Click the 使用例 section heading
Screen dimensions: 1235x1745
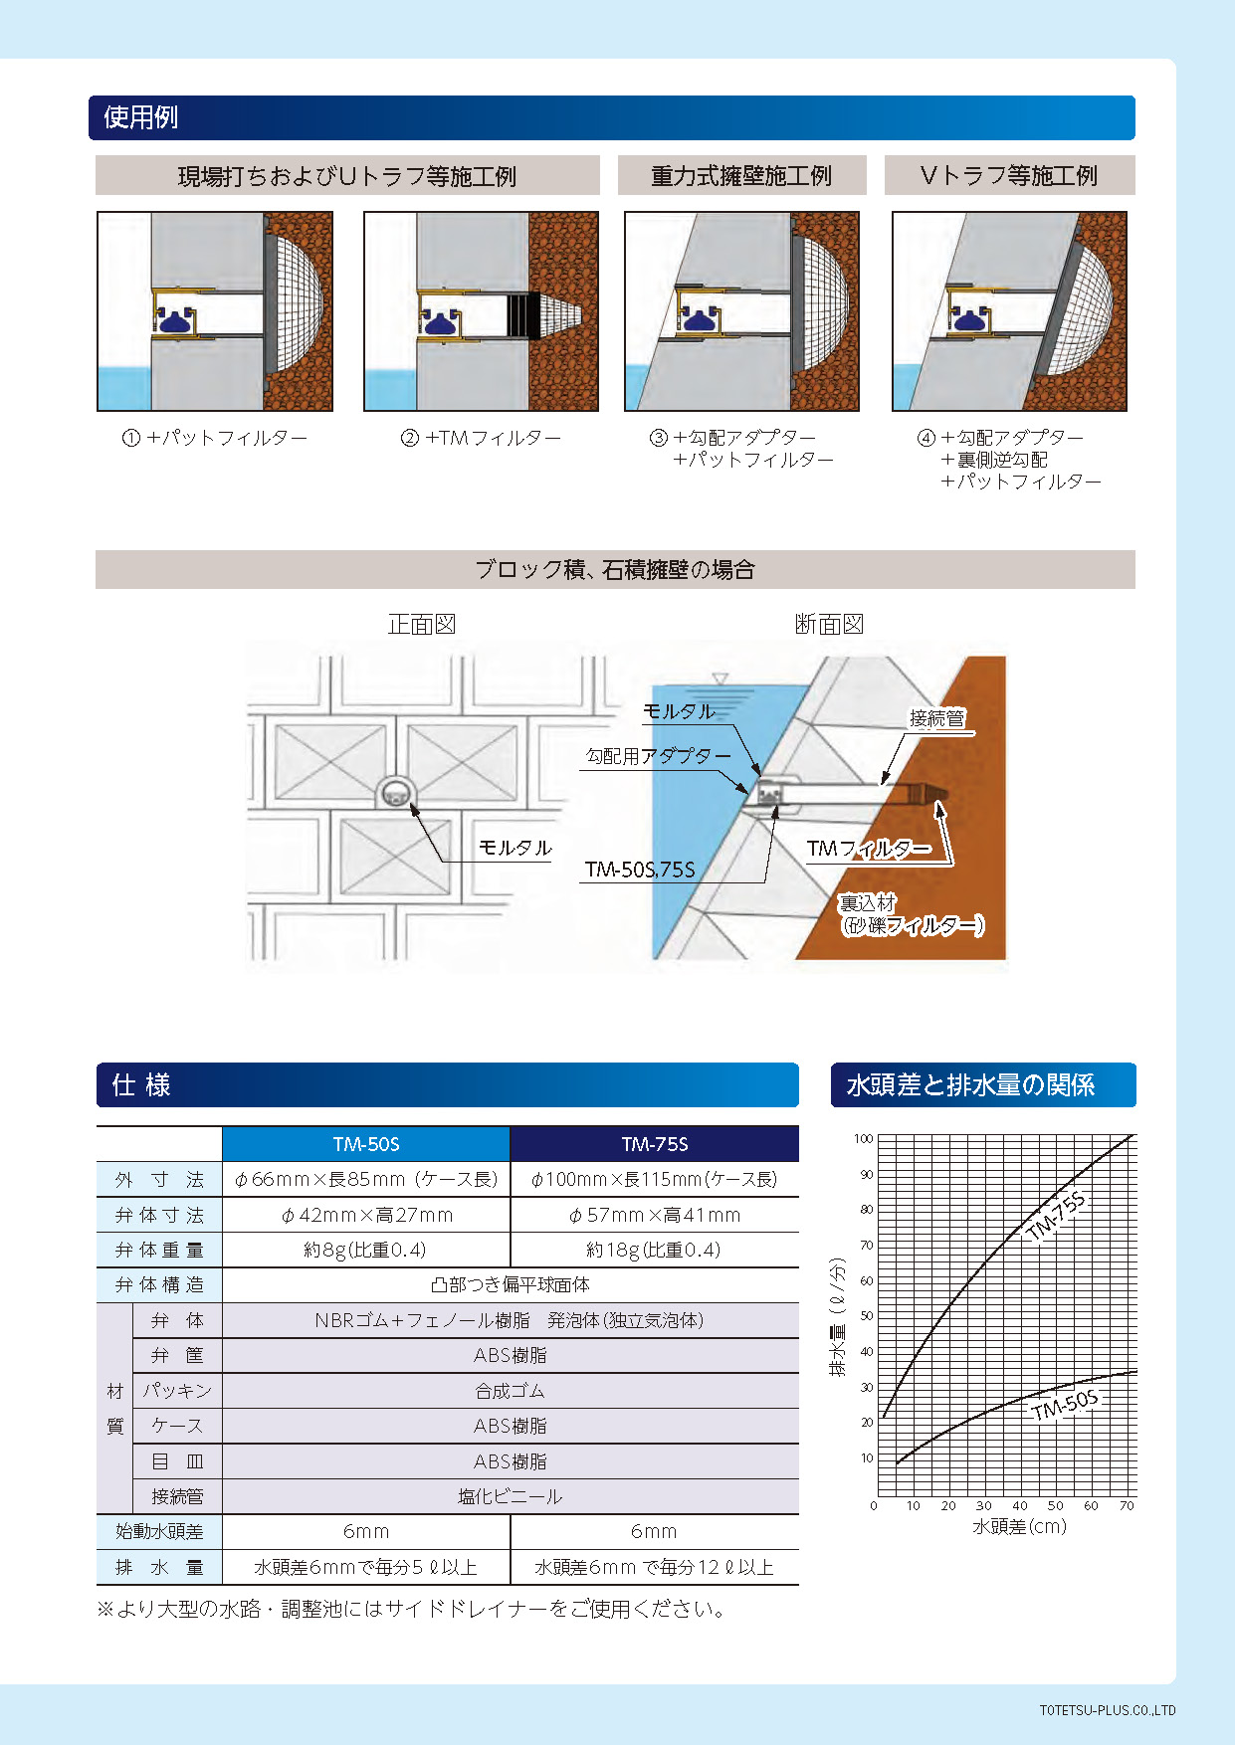[x=140, y=117]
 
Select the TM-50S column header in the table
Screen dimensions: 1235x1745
[x=366, y=1144]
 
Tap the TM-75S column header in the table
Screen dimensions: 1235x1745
[x=655, y=1144]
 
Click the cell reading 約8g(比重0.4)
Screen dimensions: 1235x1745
[x=365, y=1250]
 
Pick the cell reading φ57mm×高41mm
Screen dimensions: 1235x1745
[x=655, y=1215]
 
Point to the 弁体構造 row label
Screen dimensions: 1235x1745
[x=159, y=1284]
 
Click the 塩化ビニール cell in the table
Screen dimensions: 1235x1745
[x=511, y=1496]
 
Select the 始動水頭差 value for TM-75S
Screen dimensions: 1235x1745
[x=654, y=1531]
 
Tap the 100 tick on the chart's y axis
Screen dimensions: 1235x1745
[x=863, y=1138]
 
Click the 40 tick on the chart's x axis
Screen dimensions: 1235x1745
[x=1020, y=1505]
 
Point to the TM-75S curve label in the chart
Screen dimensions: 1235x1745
[x=1056, y=1216]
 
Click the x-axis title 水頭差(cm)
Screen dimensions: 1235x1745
[x=1019, y=1526]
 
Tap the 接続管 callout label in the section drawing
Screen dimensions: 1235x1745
[x=937, y=718]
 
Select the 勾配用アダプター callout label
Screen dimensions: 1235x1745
[x=659, y=756]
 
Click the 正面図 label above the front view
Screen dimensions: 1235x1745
[x=422, y=625]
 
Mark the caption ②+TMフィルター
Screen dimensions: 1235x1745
[x=481, y=438]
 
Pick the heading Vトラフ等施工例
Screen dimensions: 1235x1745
[x=1009, y=176]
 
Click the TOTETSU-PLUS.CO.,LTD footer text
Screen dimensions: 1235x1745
[x=1108, y=1711]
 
